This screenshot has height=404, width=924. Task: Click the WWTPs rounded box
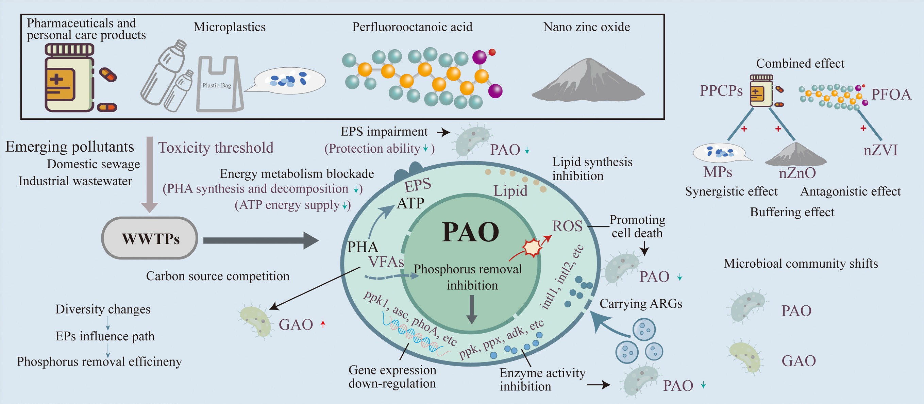click(150, 238)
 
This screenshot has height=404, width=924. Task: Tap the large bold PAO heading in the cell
click(470, 232)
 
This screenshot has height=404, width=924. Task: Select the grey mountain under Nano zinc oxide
click(588, 81)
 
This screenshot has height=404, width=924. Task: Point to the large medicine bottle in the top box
click(69, 79)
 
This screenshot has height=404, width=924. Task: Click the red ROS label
click(567, 226)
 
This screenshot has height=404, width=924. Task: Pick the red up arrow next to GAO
click(323, 324)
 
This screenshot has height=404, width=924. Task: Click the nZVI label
click(880, 150)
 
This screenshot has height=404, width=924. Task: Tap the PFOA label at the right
click(891, 94)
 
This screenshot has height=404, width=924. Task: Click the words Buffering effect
click(792, 212)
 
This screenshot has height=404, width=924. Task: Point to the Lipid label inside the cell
click(510, 190)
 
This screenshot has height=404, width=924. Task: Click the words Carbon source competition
click(217, 276)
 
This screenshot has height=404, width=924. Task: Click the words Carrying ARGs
click(641, 304)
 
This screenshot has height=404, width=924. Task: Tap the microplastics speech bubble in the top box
click(289, 80)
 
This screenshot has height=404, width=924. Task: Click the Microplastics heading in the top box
click(230, 27)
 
